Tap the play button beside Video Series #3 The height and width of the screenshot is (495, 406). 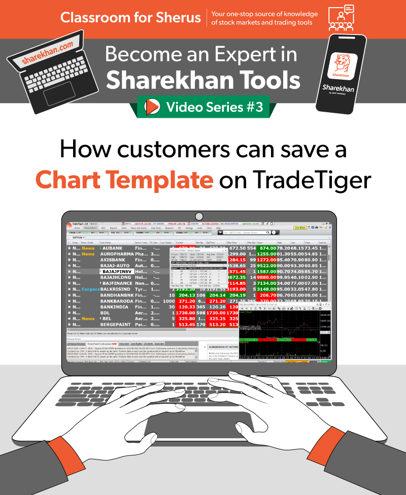[x=151, y=107]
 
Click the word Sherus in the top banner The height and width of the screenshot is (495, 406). [x=180, y=17]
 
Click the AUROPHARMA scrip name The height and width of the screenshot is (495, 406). [x=117, y=253]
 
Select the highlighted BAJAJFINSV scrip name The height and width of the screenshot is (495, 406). [x=120, y=272]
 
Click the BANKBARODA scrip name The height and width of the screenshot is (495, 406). [x=117, y=301]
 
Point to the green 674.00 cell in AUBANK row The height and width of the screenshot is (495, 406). [x=267, y=248]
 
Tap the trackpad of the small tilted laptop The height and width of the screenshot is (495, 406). [x=60, y=96]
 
